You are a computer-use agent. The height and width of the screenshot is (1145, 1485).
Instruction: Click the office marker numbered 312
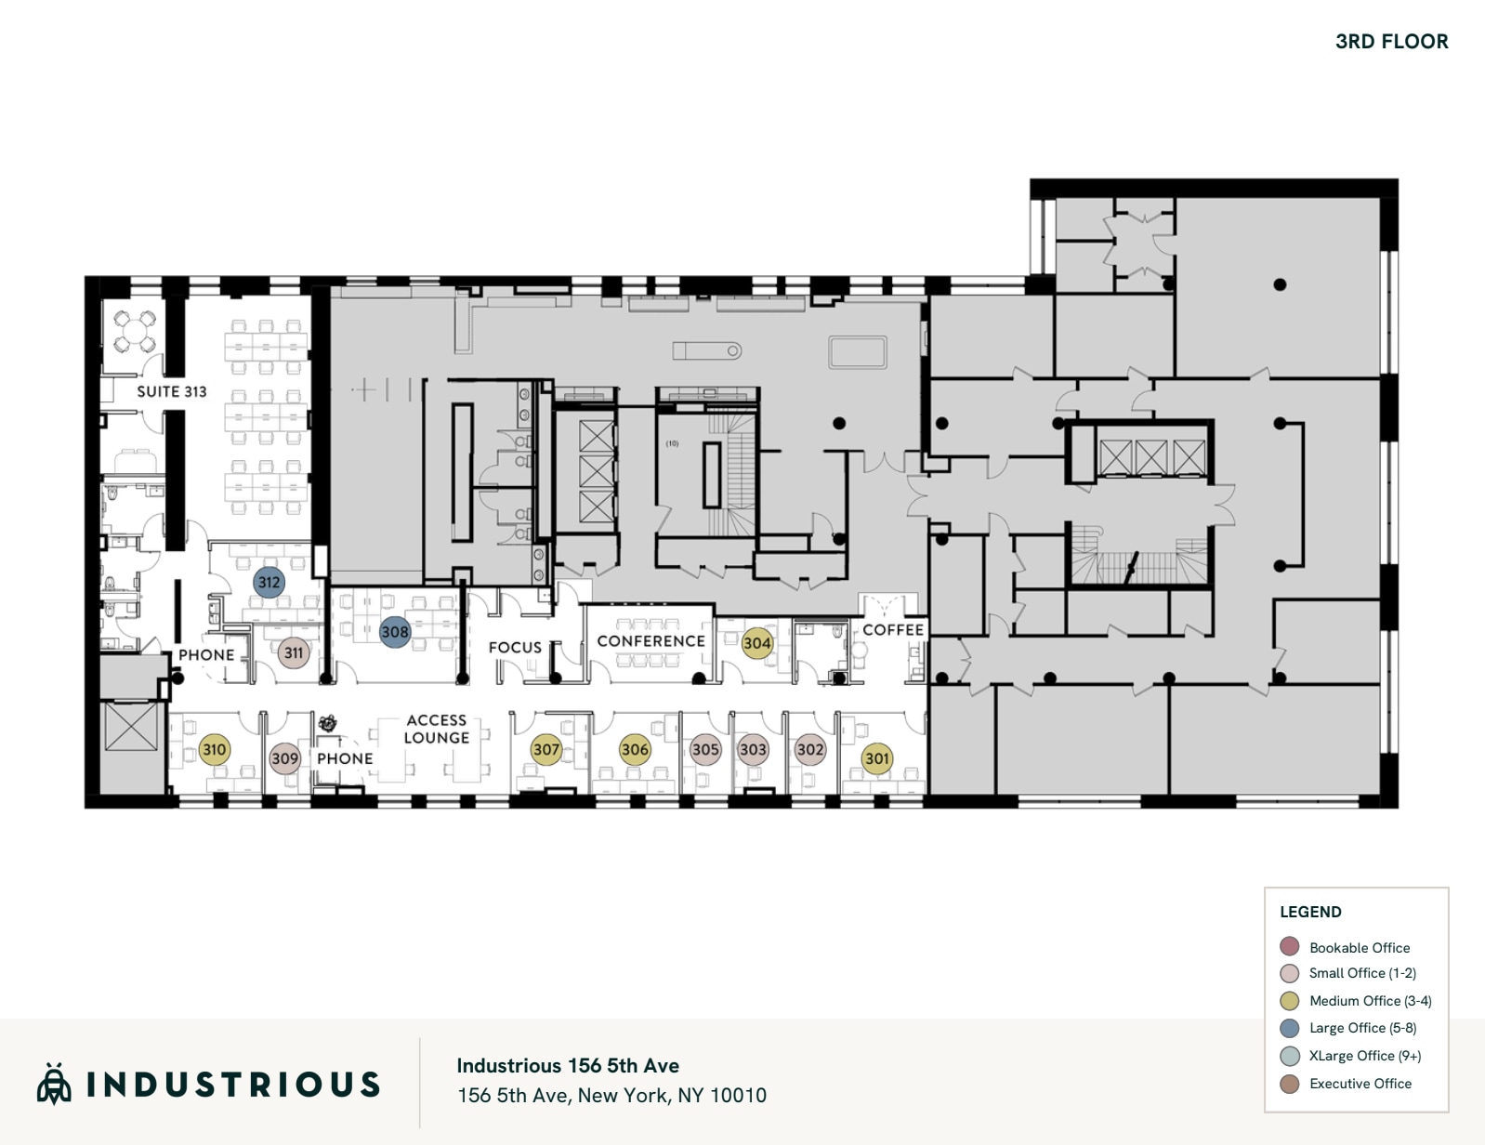269,583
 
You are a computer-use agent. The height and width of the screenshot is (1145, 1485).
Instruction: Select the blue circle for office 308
395,632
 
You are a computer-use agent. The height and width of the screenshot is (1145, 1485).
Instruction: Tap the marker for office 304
756,642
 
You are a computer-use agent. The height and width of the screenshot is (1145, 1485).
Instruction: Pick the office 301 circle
877,758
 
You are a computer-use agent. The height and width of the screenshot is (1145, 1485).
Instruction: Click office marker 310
215,749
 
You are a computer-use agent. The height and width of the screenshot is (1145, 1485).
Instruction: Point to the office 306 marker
635,749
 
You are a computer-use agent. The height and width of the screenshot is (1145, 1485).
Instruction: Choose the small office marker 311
294,652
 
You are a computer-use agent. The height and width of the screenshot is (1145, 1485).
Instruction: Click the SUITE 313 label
172,391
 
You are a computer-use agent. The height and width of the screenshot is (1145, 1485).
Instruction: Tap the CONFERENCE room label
651,641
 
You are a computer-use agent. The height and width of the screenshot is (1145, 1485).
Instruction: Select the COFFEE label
893,629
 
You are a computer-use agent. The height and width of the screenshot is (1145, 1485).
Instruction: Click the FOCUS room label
515,647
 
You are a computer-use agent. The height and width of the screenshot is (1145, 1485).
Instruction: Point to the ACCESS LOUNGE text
437,729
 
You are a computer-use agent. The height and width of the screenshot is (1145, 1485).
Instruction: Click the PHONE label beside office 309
345,758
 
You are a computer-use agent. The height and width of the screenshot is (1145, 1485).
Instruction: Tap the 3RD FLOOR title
1391,42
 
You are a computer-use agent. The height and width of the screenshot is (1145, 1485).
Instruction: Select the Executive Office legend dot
1289,1084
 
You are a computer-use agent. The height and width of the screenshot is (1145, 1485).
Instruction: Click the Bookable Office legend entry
1359,947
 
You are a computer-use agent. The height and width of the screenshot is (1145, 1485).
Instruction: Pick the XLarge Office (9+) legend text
1364,1056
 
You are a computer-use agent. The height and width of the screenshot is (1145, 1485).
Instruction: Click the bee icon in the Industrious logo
54,1084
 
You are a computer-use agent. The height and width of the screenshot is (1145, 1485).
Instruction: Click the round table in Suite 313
135,331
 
